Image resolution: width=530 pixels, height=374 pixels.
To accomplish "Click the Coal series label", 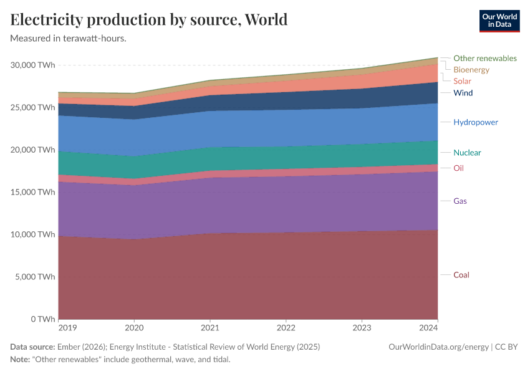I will click(x=461, y=275).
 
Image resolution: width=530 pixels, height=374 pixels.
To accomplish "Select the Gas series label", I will click(x=460, y=201).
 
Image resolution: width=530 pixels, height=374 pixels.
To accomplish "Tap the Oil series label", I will click(x=458, y=168).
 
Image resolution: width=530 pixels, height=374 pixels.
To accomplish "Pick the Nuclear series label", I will click(x=467, y=153).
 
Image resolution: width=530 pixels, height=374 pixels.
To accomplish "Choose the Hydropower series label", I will click(x=475, y=122).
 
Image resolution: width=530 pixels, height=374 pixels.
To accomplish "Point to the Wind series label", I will click(x=463, y=93).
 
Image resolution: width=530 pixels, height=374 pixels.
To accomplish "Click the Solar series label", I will click(x=462, y=81).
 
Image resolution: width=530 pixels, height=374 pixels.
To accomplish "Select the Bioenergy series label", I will click(x=471, y=70).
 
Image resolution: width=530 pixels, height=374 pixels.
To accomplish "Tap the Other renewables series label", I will click(x=484, y=58).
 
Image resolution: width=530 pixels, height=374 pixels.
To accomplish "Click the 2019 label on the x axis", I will click(x=68, y=328).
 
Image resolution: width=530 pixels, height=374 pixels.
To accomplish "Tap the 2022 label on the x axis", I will click(x=286, y=328).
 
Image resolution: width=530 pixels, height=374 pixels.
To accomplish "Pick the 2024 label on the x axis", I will click(x=428, y=328).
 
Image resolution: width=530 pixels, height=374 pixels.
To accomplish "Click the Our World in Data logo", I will click(x=499, y=21).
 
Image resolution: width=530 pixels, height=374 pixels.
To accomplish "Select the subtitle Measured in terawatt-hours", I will click(x=69, y=39).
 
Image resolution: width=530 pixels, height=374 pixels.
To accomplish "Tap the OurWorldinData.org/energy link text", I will click(x=438, y=347).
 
